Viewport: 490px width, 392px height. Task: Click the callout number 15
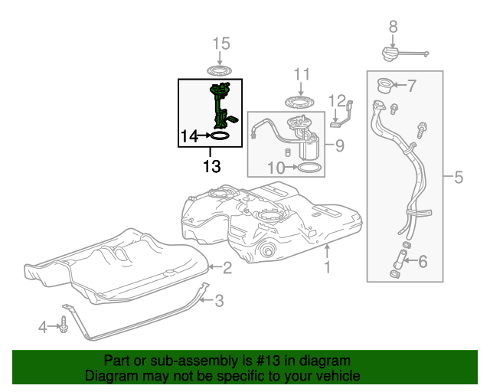pos(220,44)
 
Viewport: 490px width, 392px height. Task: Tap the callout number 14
pos(189,136)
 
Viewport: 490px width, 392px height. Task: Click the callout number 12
pos(338,100)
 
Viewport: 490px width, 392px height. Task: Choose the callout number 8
pos(393,27)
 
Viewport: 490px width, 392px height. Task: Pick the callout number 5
pos(458,178)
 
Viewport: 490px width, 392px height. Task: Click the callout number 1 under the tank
pos(327,267)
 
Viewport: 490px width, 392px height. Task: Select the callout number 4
pos(43,328)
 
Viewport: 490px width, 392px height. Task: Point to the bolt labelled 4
pos(64,328)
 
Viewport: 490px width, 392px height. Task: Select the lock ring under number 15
pos(220,71)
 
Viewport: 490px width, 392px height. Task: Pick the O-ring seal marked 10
pos(309,167)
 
